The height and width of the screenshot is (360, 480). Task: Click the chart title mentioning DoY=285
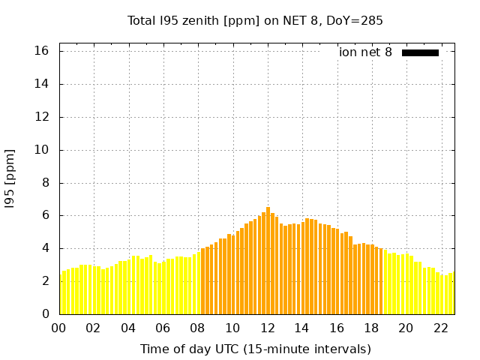pos(255,21)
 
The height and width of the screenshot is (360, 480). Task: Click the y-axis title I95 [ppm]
pos(10,178)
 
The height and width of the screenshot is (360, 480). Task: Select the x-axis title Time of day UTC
pos(255,349)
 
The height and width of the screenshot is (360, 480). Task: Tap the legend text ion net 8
pos(365,52)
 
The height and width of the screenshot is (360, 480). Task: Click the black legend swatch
pos(420,52)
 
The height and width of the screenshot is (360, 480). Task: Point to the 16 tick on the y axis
pos(42,51)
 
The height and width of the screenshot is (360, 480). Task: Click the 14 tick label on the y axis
pos(42,84)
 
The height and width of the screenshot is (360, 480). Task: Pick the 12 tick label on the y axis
pos(42,117)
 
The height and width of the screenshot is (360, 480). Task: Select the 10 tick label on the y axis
pos(42,150)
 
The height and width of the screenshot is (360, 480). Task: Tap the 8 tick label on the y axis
pos(45,182)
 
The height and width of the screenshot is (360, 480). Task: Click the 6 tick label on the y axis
pos(45,215)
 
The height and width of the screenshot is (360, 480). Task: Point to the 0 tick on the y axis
pos(45,314)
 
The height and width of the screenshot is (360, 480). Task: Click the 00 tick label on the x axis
pos(59,328)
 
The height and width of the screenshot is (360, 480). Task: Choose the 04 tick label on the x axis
pos(128,328)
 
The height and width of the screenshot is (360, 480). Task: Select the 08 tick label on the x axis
pos(198,328)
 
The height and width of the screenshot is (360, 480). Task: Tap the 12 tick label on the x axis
pos(267,328)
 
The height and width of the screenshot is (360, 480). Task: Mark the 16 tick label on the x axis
pos(337,328)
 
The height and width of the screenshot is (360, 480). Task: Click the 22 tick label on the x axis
pos(440,328)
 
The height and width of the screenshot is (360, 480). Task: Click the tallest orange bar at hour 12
pos(268,261)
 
